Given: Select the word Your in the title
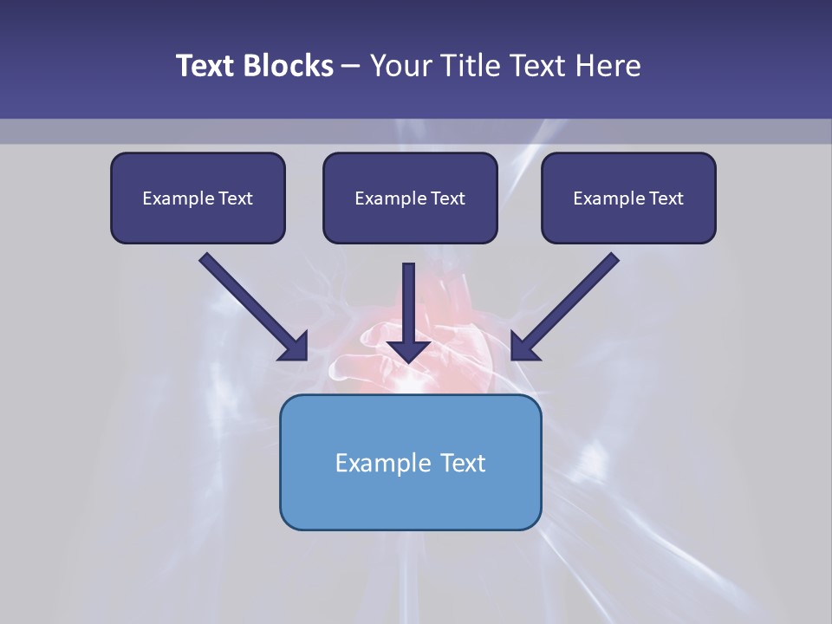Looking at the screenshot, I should point(400,66).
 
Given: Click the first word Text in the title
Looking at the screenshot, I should point(209,66).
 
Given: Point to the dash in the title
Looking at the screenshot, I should point(351,67).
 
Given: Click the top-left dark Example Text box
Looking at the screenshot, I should point(198,198).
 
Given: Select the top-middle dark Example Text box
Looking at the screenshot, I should point(410,198).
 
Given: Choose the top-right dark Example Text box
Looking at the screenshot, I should point(628,198).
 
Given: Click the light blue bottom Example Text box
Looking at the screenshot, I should point(410,462).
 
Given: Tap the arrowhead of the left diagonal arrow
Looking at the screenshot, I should point(295,347).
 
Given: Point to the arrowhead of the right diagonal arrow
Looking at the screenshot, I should point(523,347).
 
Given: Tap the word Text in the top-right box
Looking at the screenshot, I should point(666,198).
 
